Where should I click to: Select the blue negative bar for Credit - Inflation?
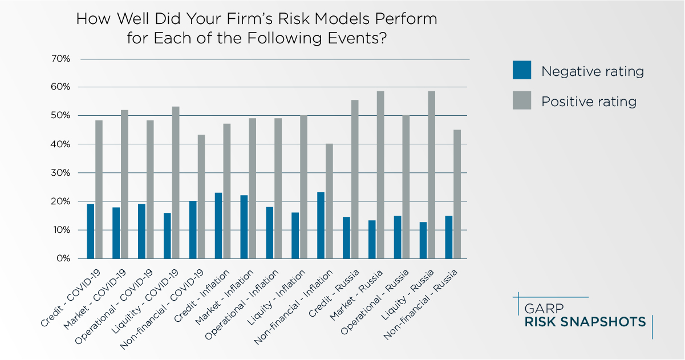pos(218,225)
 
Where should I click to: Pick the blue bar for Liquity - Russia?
pos(423,240)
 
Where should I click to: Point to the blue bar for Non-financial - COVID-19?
pos(193,229)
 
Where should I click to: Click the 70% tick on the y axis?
pos(60,59)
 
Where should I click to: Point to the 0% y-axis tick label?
pos(63,258)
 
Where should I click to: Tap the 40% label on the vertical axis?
pos(60,144)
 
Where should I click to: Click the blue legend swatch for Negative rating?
pos(521,71)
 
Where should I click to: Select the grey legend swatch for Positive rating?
pos(521,101)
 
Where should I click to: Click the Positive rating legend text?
pos(589,102)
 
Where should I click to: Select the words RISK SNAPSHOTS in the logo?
pos(585,322)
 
